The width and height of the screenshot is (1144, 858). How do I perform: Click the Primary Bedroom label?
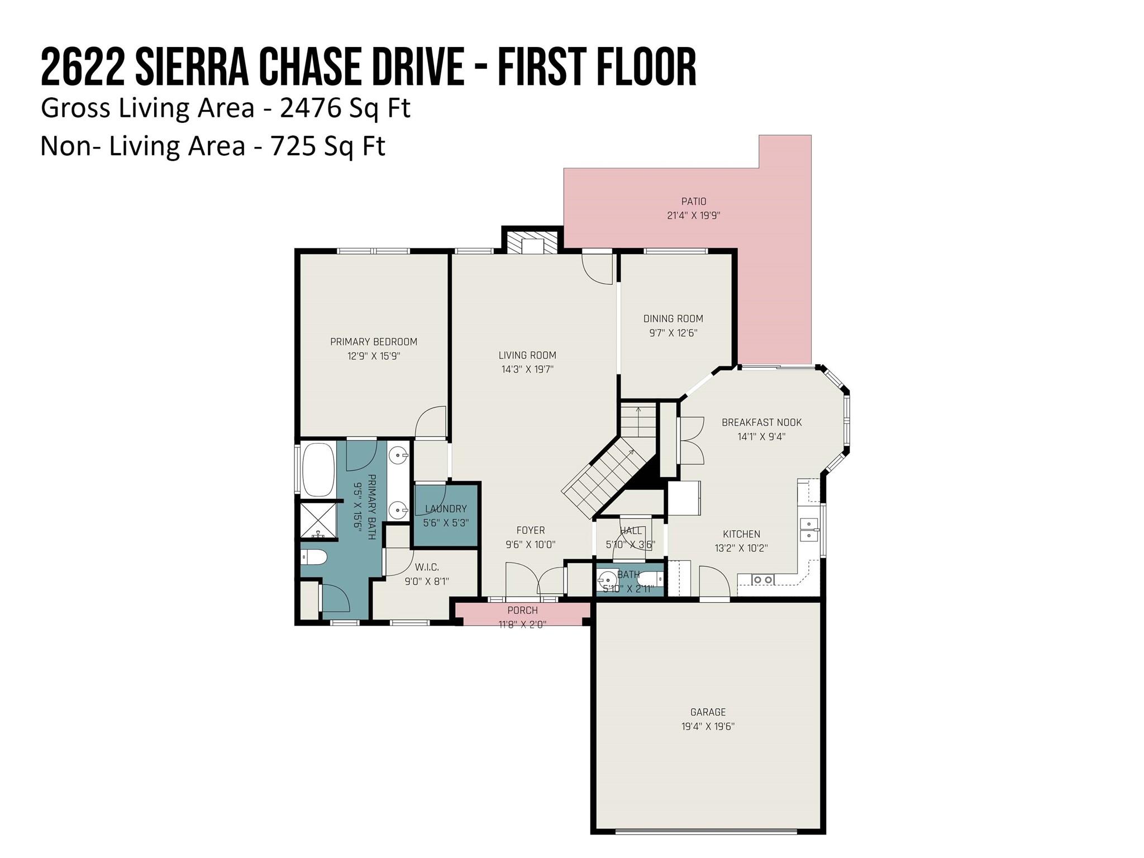[x=374, y=342]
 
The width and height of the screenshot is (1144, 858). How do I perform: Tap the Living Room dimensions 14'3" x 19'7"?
[x=527, y=369]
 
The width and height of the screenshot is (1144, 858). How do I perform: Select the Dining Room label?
[x=673, y=318]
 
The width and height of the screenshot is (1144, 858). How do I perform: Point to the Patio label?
[x=694, y=201]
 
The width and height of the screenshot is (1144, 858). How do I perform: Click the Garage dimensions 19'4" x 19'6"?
[x=708, y=727]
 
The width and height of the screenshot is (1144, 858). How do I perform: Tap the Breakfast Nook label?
[x=761, y=422]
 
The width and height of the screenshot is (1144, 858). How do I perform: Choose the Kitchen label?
[x=741, y=534]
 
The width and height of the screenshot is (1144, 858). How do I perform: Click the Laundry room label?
[x=446, y=509]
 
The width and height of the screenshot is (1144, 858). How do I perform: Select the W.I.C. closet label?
[x=427, y=568]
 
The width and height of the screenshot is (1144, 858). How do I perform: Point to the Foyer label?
[x=530, y=530]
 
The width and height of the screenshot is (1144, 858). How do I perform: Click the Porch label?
[x=522, y=611]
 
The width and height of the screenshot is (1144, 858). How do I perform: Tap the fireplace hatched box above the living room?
[x=532, y=241]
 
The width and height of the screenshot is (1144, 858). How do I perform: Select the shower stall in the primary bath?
[x=319, y=520]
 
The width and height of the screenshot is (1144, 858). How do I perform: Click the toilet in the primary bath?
[x=313, y=556]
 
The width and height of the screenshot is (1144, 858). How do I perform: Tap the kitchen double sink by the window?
[x=808, y=530]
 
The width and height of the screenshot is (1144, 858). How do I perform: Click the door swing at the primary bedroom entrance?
[x=431, y=422]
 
